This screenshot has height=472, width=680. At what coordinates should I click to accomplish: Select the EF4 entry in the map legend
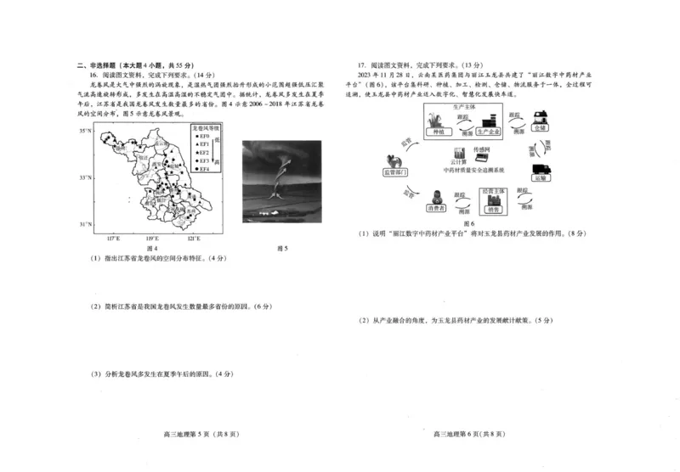click(203, 169)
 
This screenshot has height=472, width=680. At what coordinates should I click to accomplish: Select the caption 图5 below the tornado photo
click(284, 248)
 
